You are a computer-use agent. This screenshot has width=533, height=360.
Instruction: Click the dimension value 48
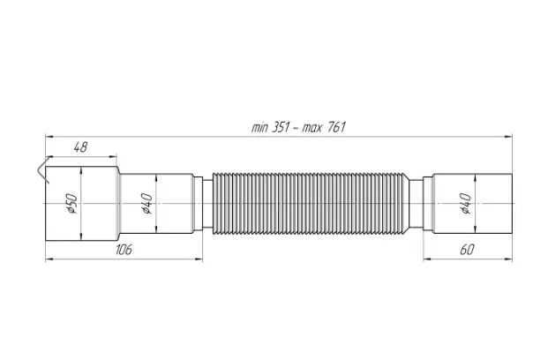click(81, 147)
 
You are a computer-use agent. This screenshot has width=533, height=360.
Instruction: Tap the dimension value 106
click(124, 250)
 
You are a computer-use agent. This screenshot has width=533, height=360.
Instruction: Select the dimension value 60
click(467, 250)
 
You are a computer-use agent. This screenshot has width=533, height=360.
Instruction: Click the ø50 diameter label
click(72, 203)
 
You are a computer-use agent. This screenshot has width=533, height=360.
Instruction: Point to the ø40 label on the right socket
click(466, 203)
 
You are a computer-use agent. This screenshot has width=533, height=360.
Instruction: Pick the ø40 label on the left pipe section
click(147, 203)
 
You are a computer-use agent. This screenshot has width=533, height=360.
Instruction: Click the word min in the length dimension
click(259, 127)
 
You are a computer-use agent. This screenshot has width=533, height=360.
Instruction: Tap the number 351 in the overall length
click(280, 127)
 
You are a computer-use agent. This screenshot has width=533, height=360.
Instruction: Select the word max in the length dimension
click(312, 128)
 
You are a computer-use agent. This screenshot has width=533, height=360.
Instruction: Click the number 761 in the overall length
click(337, 127)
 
